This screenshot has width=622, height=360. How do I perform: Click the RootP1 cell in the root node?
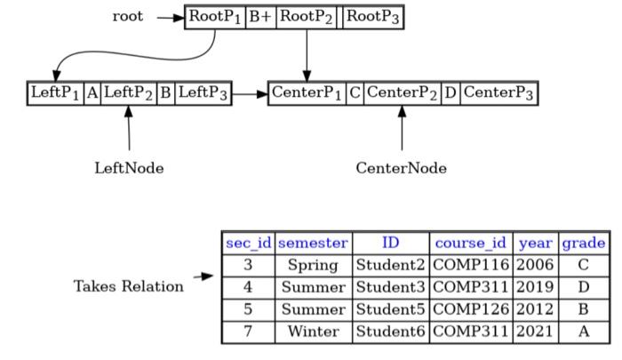tap(215, 18)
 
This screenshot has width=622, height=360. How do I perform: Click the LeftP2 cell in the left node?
tap(128, 92)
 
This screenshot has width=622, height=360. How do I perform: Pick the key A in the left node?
tap(92, 92)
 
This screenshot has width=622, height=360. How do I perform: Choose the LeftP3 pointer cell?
tap(203, 92)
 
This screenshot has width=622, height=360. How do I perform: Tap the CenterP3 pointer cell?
tap(499, 92)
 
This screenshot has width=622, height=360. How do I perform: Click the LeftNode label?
tap(129, 167)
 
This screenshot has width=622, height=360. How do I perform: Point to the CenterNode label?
tap(402, 167)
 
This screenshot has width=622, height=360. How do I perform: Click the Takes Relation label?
tap(129, 286)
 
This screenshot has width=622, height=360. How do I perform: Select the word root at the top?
tap(128, 17)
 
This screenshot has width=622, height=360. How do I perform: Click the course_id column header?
tap(471, 243)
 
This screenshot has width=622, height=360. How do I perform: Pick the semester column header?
tap(314, 243)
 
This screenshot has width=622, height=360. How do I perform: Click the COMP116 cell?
tap(471, 265)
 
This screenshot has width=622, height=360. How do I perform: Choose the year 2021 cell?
tap(534, 332)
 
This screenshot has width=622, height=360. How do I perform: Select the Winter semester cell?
tap(314, 332)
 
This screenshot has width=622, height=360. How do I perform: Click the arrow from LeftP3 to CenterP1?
tap(250, 92)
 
